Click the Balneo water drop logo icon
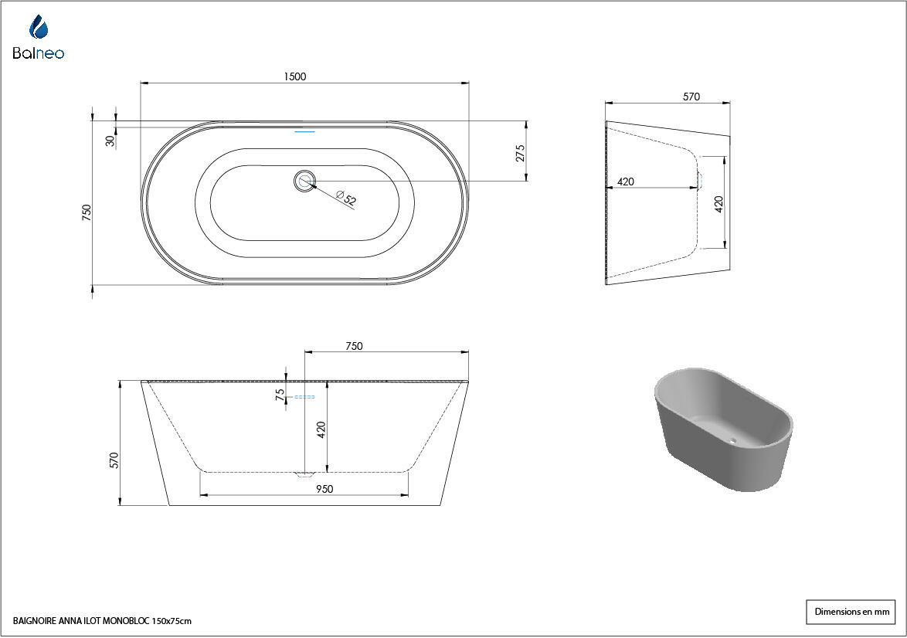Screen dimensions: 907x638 pos(39,26)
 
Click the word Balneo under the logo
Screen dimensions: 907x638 pos(38,53)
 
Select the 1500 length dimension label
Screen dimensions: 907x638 pos(294,76)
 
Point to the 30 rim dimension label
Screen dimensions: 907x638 pos(110,141)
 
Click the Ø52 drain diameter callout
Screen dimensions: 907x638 pos(346,198)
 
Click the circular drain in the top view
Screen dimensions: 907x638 pos(305,181)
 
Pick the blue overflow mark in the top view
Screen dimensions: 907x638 pos(305,132)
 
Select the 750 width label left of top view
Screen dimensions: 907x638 pos(87,212)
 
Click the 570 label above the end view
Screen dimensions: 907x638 pos(691,97)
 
